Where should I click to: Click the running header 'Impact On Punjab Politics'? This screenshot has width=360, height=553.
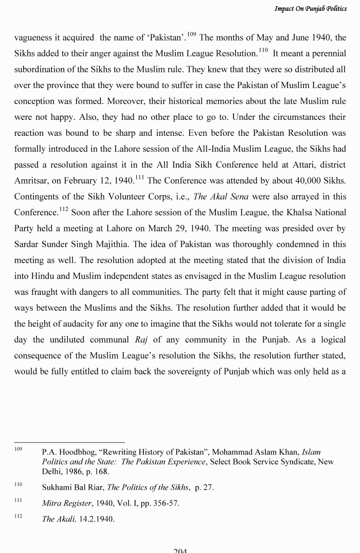click(x=310, y=8)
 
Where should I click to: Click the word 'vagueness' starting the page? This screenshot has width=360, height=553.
click(x=34, y=38)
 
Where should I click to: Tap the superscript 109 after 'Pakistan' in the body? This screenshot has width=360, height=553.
click(x=192, y=34)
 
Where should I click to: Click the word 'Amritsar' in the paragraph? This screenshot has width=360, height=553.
click(x=31, y=181)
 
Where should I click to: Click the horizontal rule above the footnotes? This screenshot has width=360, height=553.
click(x=69, y=442)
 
